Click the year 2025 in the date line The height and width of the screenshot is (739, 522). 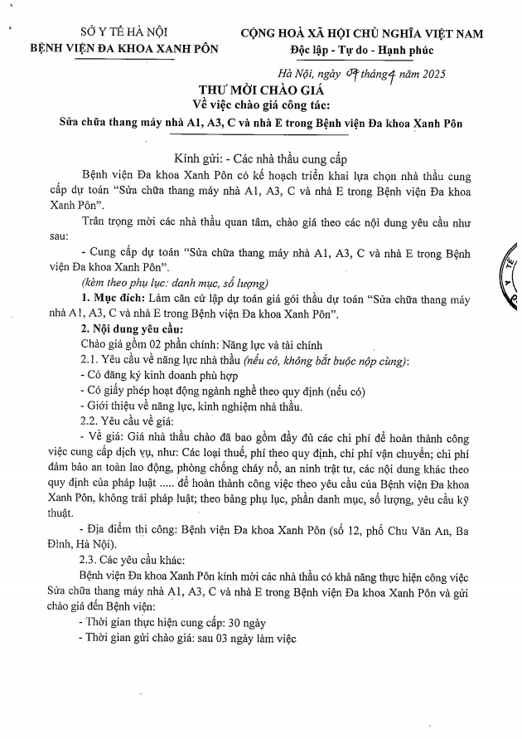[428, 75]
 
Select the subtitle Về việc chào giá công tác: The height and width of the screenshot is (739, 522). [261, 105]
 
